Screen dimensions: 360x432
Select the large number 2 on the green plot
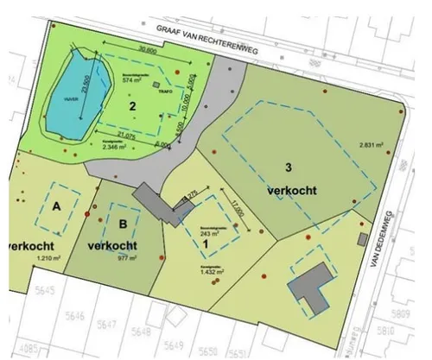pos(132,106)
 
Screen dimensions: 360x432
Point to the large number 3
pos(291,167)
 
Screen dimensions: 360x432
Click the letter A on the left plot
pos(56,207)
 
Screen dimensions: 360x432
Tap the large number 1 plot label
pos(206,243)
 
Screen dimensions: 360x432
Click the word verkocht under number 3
pos(290,190)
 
